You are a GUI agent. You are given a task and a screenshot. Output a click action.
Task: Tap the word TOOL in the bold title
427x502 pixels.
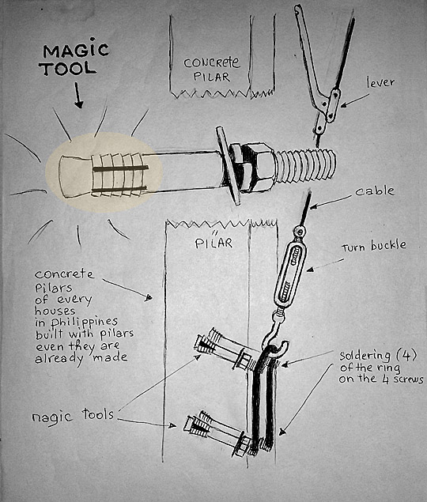[x=68, y=69]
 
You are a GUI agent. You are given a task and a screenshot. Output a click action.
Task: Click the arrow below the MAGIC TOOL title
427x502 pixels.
[x=78, y=95]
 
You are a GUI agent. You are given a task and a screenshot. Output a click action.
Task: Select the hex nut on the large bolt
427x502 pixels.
[x=252, y=167]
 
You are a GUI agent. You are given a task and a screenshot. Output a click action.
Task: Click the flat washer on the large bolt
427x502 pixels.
[x=228, y=165]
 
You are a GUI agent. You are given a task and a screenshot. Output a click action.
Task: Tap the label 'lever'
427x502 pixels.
[x=380, y=82]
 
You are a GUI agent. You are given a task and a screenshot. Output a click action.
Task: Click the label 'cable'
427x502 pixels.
[x=375, y=191]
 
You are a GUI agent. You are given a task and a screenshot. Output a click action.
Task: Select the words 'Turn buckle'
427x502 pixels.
[x=374, y=246]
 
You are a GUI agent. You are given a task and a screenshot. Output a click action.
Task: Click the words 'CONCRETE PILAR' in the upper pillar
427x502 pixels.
[x=211, y=69]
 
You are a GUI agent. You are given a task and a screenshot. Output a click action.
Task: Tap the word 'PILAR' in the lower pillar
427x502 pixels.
[x=213, y=243]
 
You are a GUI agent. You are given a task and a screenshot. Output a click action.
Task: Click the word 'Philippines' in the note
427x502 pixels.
[x=84, y=322]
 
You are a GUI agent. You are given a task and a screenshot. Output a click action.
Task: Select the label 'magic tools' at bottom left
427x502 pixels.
[x=73, y=416]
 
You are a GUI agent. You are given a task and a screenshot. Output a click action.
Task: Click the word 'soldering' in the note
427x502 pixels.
[x=365, y=356]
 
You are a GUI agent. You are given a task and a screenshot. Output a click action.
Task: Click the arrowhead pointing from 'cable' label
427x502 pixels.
[x=312, y=206]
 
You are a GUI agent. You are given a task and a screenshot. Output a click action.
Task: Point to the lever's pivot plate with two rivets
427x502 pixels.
[x=333, y=105]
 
